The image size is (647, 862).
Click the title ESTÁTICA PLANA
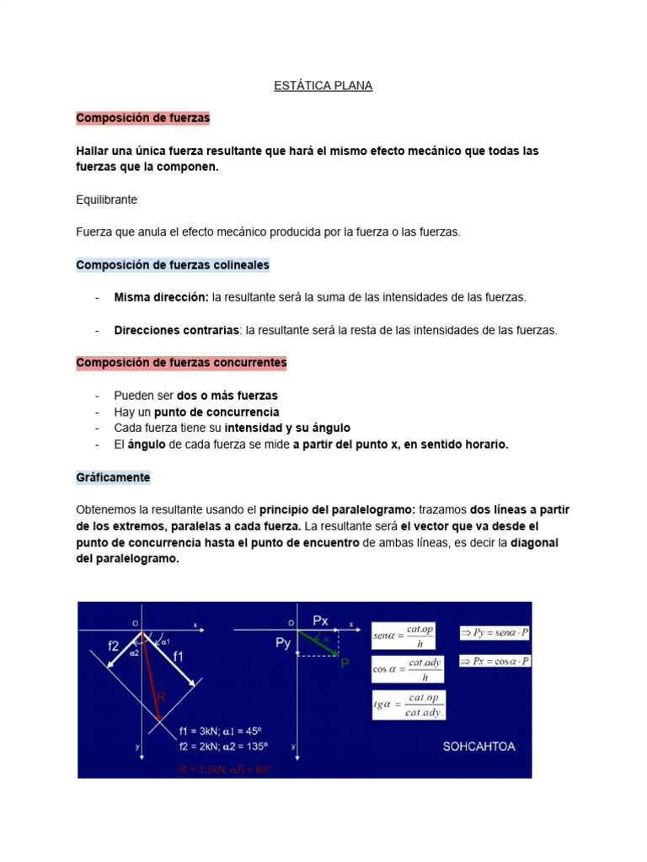point(323,86)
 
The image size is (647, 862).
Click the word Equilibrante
point(106,200)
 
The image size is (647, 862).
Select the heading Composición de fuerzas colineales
point(173,265)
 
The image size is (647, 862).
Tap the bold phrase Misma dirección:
point(161,297)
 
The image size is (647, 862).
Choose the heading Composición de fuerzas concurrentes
point(181,363)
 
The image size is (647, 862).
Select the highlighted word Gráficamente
point(113,477)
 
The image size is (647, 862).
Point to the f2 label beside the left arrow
point(113,646)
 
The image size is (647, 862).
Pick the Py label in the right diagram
point(283,643)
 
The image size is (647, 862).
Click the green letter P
point(345,663)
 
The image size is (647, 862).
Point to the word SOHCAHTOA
point(479,746)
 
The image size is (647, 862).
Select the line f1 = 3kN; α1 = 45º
point(222,731)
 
